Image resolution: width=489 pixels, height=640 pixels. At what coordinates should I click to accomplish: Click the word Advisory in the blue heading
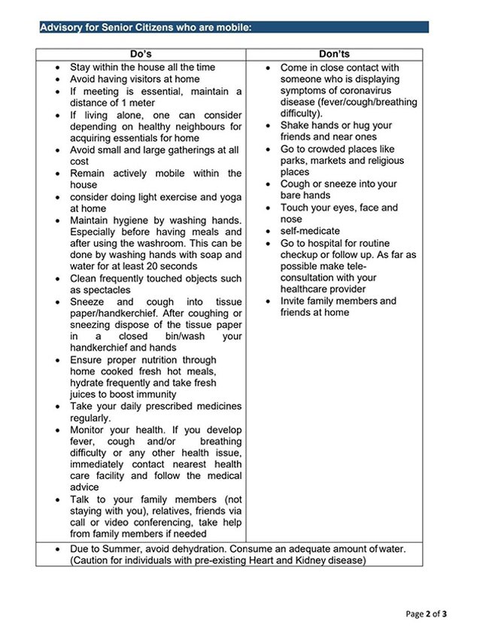point(63,28)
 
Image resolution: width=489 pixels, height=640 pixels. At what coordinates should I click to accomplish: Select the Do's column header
point(141,54)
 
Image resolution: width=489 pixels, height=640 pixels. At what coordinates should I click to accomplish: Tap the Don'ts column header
point(334,54)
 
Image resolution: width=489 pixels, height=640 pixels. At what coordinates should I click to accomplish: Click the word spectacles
point(101,290)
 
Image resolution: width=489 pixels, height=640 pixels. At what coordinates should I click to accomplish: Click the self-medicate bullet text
point(310,231)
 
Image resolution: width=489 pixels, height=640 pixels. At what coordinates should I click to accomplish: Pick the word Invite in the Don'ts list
point(296,301)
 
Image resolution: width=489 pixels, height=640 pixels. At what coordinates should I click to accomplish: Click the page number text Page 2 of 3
point(425,614)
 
